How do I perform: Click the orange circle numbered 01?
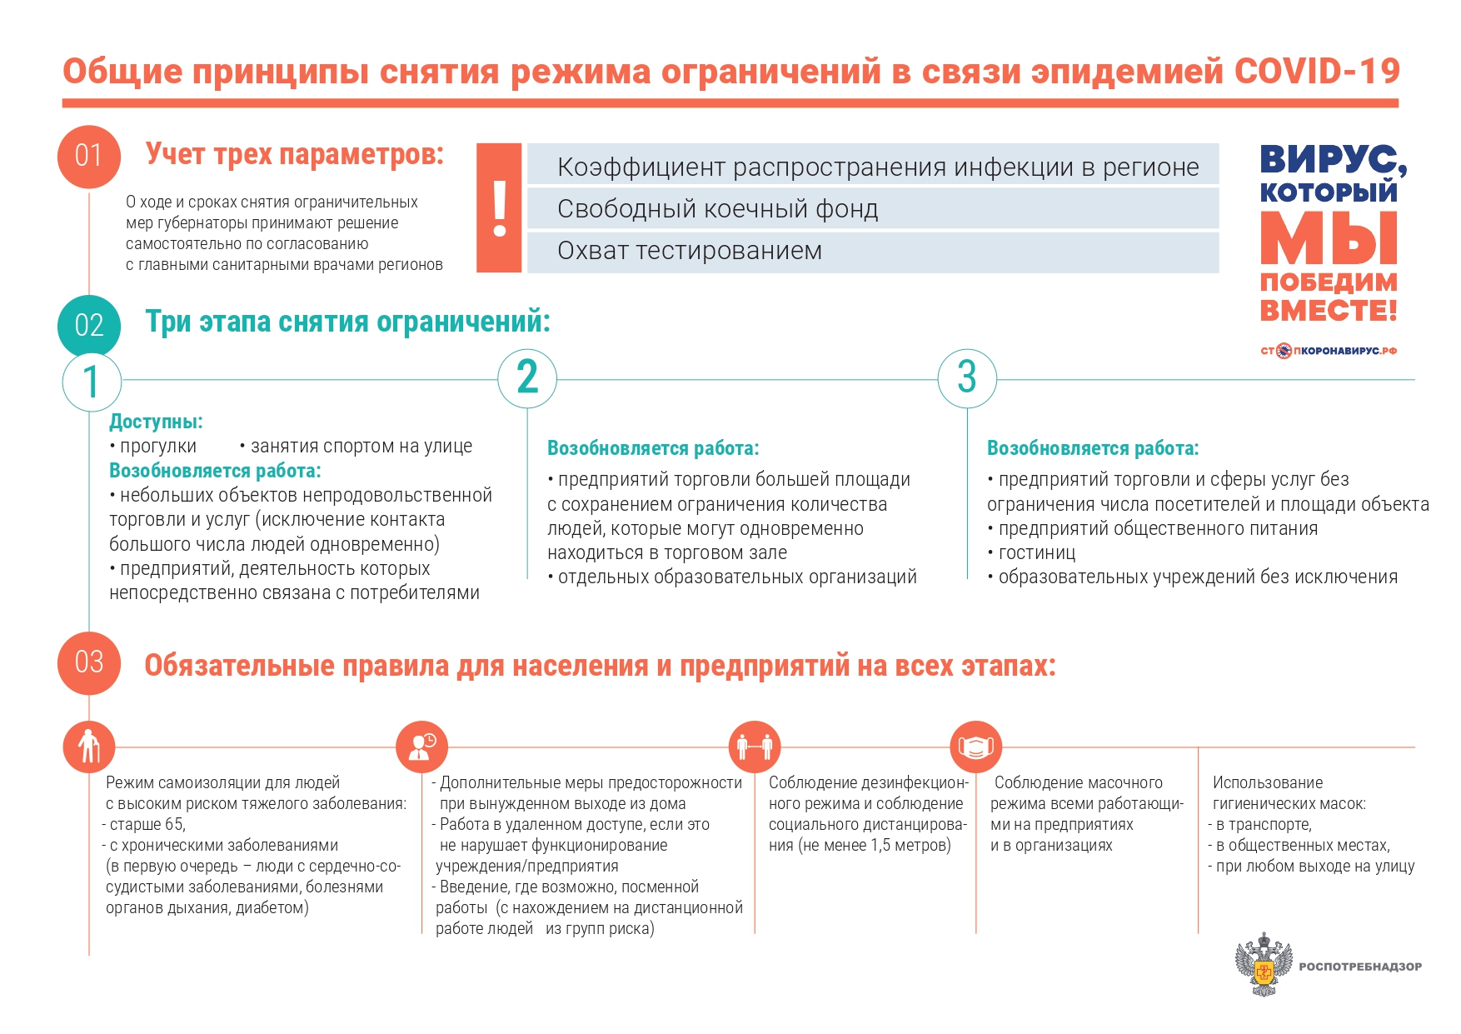(x=89, y=156)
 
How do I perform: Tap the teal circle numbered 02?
(x=89, y=325)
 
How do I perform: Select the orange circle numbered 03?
(x=89, y=662)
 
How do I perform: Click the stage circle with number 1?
(x=92, y=382)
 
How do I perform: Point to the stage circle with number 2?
(x=527, y=377)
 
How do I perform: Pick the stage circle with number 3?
(x=967, y=377)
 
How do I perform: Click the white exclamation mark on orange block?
(x=500, y=208)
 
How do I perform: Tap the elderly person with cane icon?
(x=89, y=747)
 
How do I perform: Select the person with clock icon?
(x=422, y=747)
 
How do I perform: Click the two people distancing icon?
(x=755, y=747)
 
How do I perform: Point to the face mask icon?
(x=976, y=747)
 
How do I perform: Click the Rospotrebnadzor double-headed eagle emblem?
(x=1264, y=964)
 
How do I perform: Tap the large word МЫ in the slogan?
(x=1329, y=239)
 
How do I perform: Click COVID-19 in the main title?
(x=1317, y=72)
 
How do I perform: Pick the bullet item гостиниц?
(x=1037, y=553)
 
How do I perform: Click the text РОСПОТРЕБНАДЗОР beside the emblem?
(x=1360, y=967)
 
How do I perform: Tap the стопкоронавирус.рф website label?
(x=1329, y=351)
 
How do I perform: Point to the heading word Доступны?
(x=156, y=422)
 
